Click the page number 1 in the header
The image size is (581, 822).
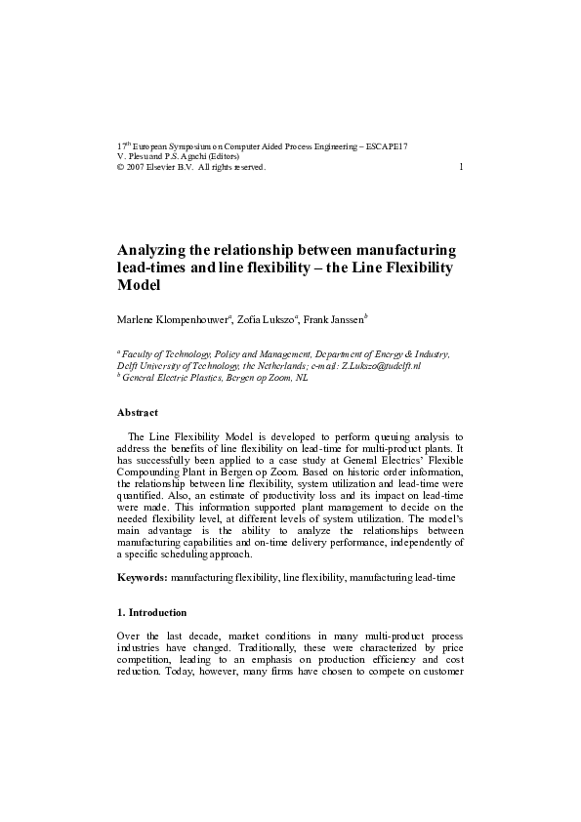pos(460,167)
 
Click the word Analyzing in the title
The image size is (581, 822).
pos(160,251)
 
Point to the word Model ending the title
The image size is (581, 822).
pos(138,287)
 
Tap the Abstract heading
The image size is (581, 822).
pos(138,413)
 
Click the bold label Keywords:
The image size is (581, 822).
pos(142,578)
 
